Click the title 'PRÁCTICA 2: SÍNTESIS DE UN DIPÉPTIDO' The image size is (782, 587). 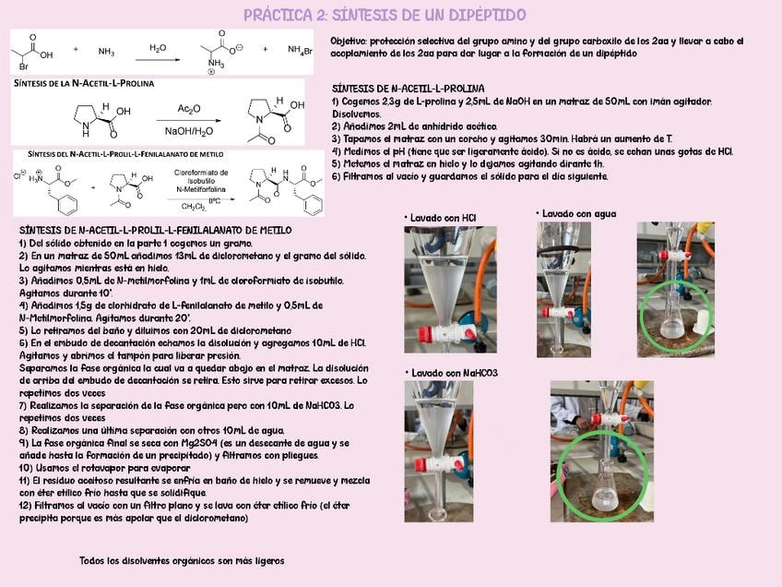tap(385, 15)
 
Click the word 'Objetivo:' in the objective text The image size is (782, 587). tap(351, 42)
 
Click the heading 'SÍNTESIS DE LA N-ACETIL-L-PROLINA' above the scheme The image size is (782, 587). tap(83, 83)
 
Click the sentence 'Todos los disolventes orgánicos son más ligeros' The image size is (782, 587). tap(182, 560)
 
